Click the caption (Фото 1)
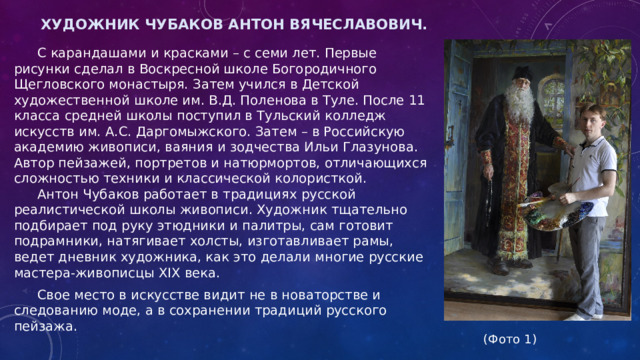[x=509, y=339]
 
